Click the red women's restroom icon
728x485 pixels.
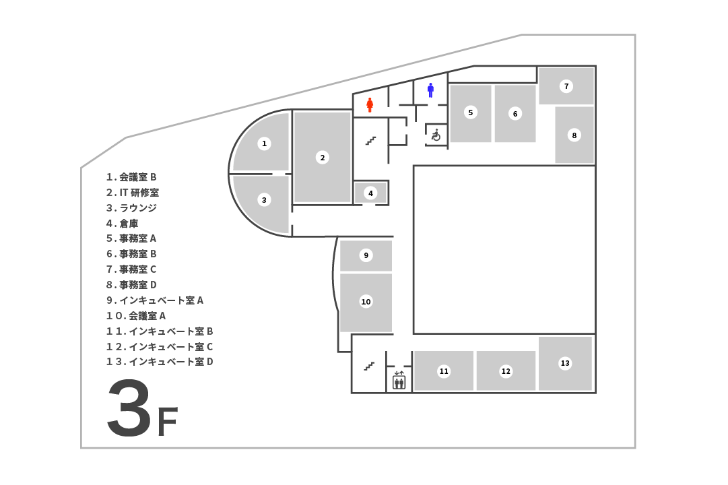[x=370, y=104]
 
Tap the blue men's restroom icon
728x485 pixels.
[x=430, y=90]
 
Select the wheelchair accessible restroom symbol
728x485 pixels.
[x=436, y=135]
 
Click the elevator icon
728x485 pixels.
[x=399, y=381]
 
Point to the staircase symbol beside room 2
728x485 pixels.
[x=370, y=141]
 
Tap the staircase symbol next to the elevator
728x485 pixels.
[x=369, y=366]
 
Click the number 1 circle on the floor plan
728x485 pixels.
[x=265, y=143]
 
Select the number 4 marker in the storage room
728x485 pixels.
[x=370, y=193]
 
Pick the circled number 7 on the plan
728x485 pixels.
[x=566, y=86]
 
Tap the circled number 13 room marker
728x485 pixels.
[x=565, y=363]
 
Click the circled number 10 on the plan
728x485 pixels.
[x=366, y=301]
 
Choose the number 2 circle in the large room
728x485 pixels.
[x=323, y=158]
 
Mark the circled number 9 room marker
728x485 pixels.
[x=366, y=255]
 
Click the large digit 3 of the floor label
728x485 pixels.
[x=129, y=408]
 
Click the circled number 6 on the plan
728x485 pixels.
[x=515, y=114]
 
